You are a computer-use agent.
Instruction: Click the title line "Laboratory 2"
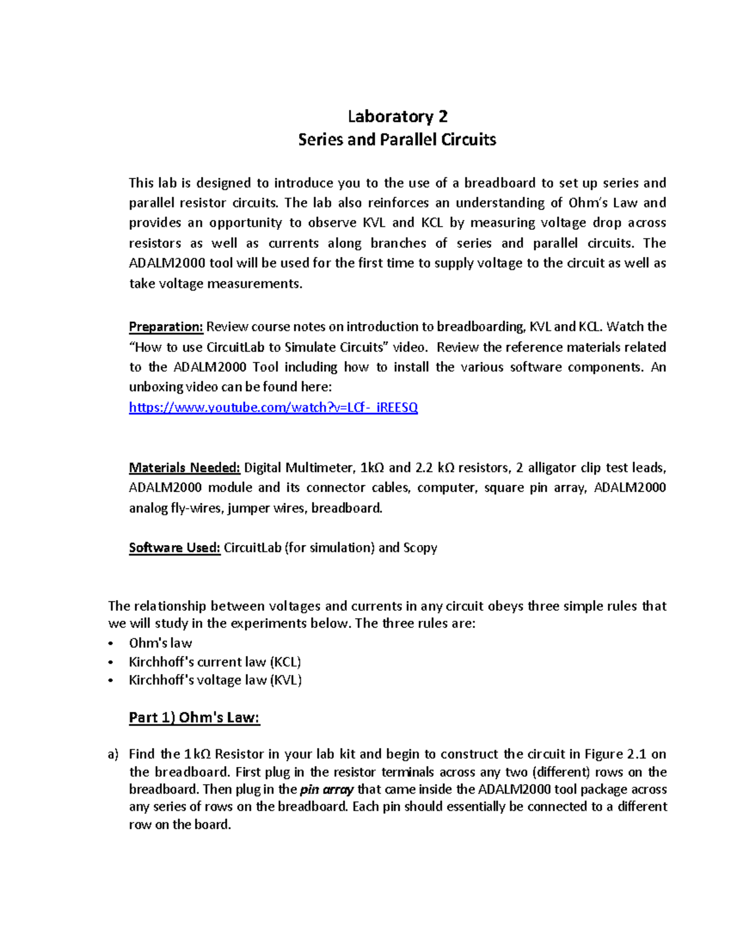[x=397, y=116]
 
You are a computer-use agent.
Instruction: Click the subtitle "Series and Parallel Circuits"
[x=397, y=139]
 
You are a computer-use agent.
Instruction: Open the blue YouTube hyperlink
[x=273, y=408]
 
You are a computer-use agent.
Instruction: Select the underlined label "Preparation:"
[x=166, y=327]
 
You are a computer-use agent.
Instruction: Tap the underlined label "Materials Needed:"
[x=185, y=468]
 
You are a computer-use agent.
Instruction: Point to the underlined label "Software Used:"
[x=174, y=548]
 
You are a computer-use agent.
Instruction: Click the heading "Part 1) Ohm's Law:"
[x=194, y=718]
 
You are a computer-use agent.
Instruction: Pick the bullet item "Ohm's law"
[x=160, y=643]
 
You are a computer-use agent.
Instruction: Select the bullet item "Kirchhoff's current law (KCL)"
[x=215, y=662]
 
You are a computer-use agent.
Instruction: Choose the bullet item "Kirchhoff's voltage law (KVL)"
[x=215, y=680]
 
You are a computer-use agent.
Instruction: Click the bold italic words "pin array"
[x=327, y=790]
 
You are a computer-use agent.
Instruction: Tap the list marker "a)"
[x=113, y=755]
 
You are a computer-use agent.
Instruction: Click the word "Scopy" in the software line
[x=420, y=548]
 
